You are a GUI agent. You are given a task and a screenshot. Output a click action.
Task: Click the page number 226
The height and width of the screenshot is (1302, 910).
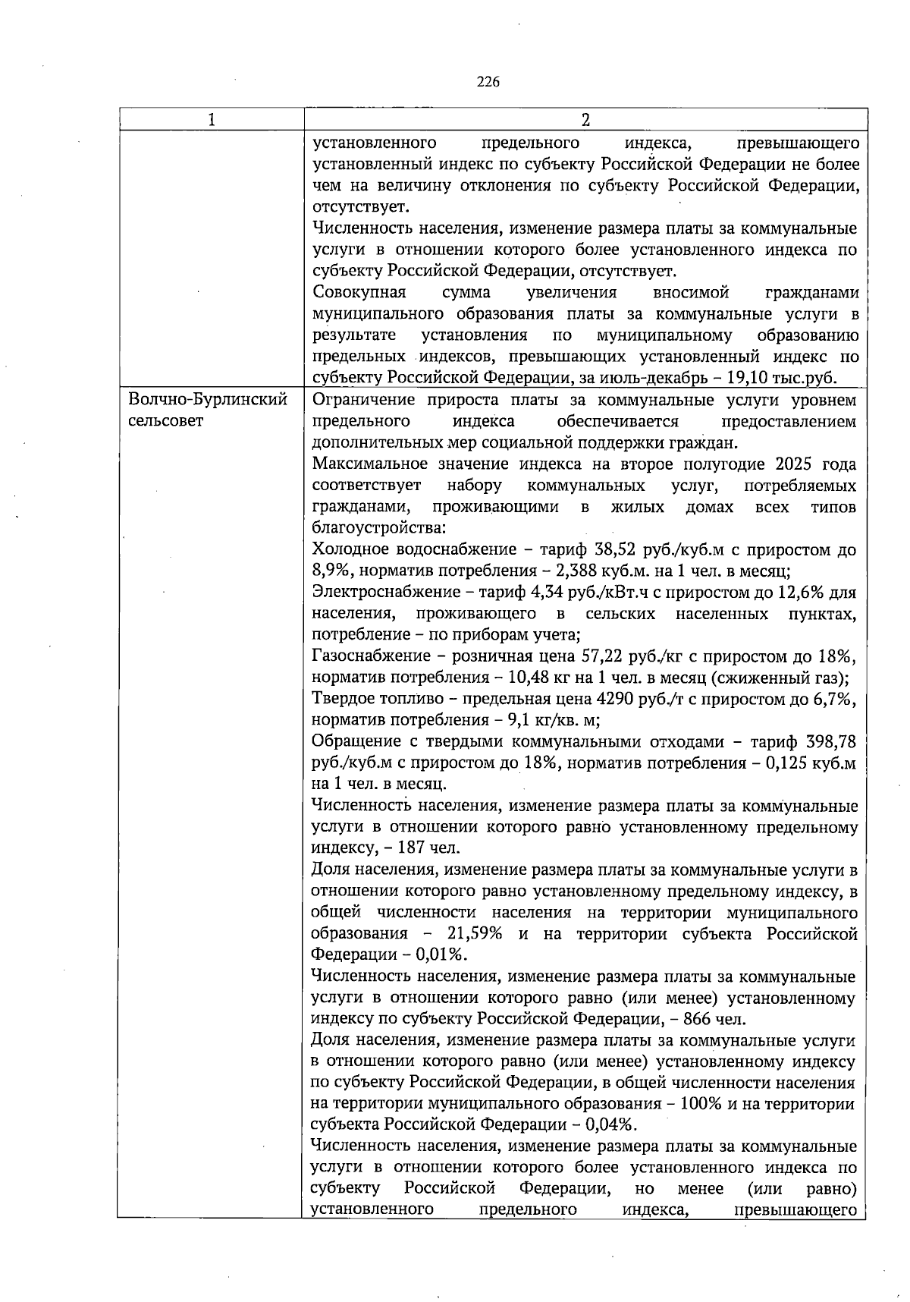click(x=488, y=82)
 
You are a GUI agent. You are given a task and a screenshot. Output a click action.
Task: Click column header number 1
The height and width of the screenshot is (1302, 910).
click(x=211, y=120)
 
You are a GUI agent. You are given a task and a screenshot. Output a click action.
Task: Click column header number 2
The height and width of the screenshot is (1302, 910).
click(x=585, y=120)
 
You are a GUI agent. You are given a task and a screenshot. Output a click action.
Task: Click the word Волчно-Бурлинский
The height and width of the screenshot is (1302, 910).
click(x=208, y=400)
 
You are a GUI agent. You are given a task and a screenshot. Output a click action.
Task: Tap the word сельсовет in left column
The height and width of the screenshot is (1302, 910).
click(x=166, y=421)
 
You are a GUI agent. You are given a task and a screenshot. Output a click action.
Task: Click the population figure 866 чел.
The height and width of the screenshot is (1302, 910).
click(x=708, y=1018)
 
